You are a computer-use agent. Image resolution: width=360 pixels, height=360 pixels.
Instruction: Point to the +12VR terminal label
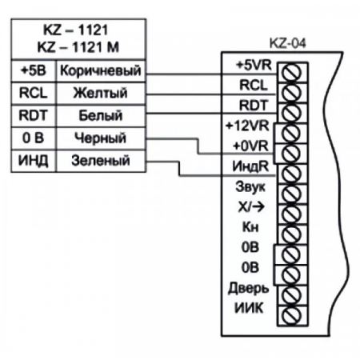(252, 127)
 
